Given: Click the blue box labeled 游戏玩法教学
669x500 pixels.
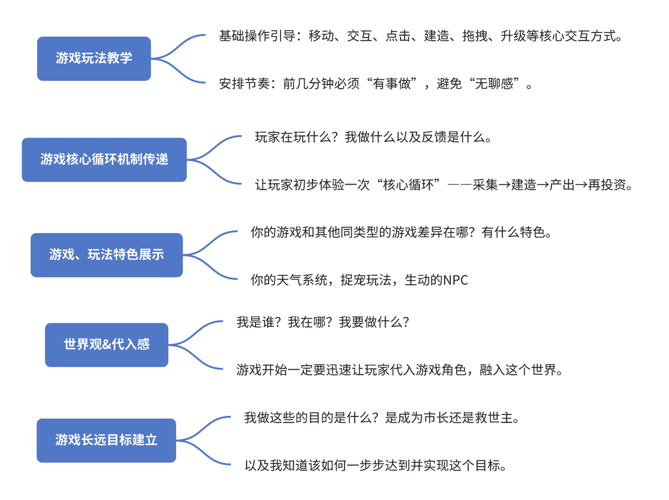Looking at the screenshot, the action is (x=94, y=59).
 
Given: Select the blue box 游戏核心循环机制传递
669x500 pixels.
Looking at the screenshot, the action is (x=104, y=160).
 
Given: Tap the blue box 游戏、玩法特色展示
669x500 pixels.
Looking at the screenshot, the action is (x=107, y=255).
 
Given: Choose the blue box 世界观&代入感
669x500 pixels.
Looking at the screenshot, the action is (x=107, y=345).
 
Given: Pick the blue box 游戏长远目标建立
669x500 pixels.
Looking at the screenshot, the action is (x=107, y=440).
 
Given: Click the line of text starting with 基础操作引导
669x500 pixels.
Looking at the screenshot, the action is (x=421, y=36).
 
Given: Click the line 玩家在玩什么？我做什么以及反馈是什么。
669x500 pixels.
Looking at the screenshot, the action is (x=373, y=137).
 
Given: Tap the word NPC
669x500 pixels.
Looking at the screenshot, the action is (x=455, y=280).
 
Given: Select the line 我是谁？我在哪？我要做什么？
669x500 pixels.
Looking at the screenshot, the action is (x=323, y=322).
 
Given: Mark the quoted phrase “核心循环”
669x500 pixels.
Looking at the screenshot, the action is (x=408, y=184).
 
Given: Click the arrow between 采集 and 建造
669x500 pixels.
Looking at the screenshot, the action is (x=504, y=184).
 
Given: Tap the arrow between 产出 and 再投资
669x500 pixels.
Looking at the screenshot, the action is (x=581, y=184).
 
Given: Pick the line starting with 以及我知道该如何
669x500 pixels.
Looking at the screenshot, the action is (x=376, y=466).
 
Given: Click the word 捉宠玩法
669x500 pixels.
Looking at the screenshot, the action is (x=366, y=280).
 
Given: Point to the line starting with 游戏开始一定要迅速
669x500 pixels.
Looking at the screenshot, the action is (x=400, y=370).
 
